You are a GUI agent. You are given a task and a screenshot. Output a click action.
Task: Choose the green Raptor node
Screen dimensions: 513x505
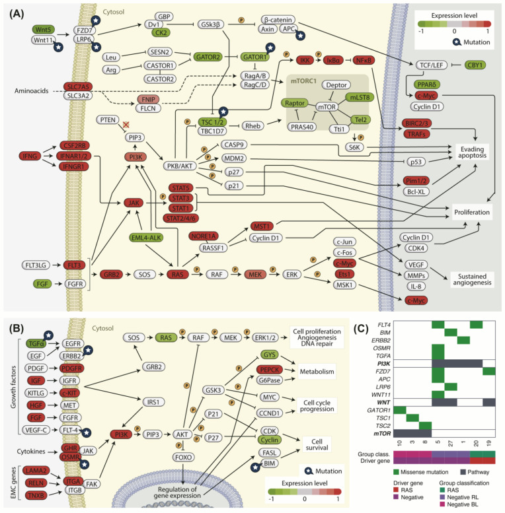pyautogui.click(x=295, y=104)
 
